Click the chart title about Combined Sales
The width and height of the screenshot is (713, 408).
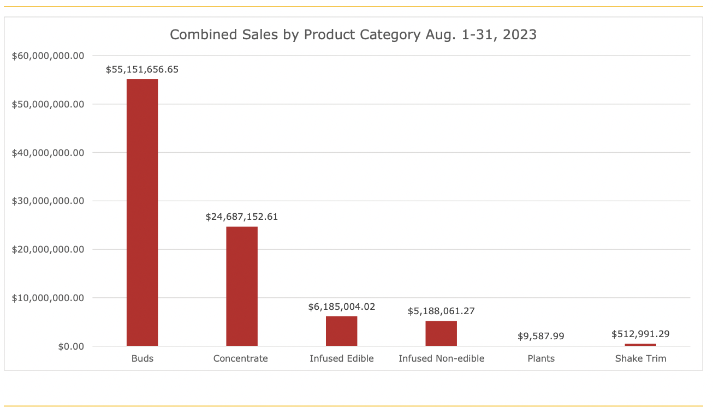(353, 35)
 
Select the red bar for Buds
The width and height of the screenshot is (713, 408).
(142, 213)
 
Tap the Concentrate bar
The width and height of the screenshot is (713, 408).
(242, 286)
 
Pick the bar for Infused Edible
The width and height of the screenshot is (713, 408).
(342, 331)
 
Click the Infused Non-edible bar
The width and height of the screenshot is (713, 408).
(441, 333)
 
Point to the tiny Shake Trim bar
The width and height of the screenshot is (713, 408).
(640, 345)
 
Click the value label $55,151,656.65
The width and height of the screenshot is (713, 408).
(142, 70)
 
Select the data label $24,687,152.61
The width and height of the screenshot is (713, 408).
(242, 217)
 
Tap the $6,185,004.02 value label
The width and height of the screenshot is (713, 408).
(342, 307)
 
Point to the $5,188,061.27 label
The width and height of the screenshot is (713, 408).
(441, 311)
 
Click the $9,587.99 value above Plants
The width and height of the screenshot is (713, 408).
(541, 336)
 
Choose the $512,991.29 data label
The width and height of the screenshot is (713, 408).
(640, 334)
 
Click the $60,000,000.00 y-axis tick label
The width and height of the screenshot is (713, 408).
(48, 56)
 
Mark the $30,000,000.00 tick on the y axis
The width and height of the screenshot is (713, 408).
(48, 201)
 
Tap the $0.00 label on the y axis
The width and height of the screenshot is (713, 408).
(71, 346)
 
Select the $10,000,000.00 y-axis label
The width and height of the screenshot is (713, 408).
(48, 298)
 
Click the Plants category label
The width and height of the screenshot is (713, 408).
(541, 358)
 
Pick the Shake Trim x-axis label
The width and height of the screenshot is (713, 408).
(640, 358)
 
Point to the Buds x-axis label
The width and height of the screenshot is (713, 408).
(142, 358)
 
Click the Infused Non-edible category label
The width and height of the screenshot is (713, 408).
(441, 358)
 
